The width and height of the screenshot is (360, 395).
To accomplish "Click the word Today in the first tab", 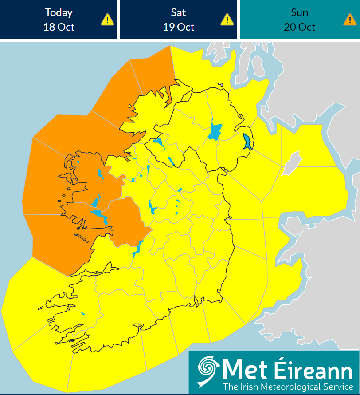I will pos(59,12).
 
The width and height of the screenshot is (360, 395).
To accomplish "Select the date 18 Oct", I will pos(59,27).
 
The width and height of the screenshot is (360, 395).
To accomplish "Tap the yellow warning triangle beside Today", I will pos(107,20).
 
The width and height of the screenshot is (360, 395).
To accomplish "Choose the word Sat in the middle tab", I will pos(178,12).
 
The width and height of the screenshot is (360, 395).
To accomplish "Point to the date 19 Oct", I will pos(178,27).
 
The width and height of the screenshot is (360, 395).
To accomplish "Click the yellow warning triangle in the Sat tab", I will pos(227,20).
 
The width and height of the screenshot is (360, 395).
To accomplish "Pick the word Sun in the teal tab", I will pos(299,12).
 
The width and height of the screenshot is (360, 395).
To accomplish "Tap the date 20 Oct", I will pos(299,27).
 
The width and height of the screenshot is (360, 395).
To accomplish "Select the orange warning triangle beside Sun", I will pos(349,20).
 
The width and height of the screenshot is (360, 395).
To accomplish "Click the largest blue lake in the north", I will pos(215,132).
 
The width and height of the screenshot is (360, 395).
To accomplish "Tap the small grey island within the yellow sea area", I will pos(292,162).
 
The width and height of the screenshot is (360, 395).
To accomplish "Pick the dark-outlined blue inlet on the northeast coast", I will pos(247,142).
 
